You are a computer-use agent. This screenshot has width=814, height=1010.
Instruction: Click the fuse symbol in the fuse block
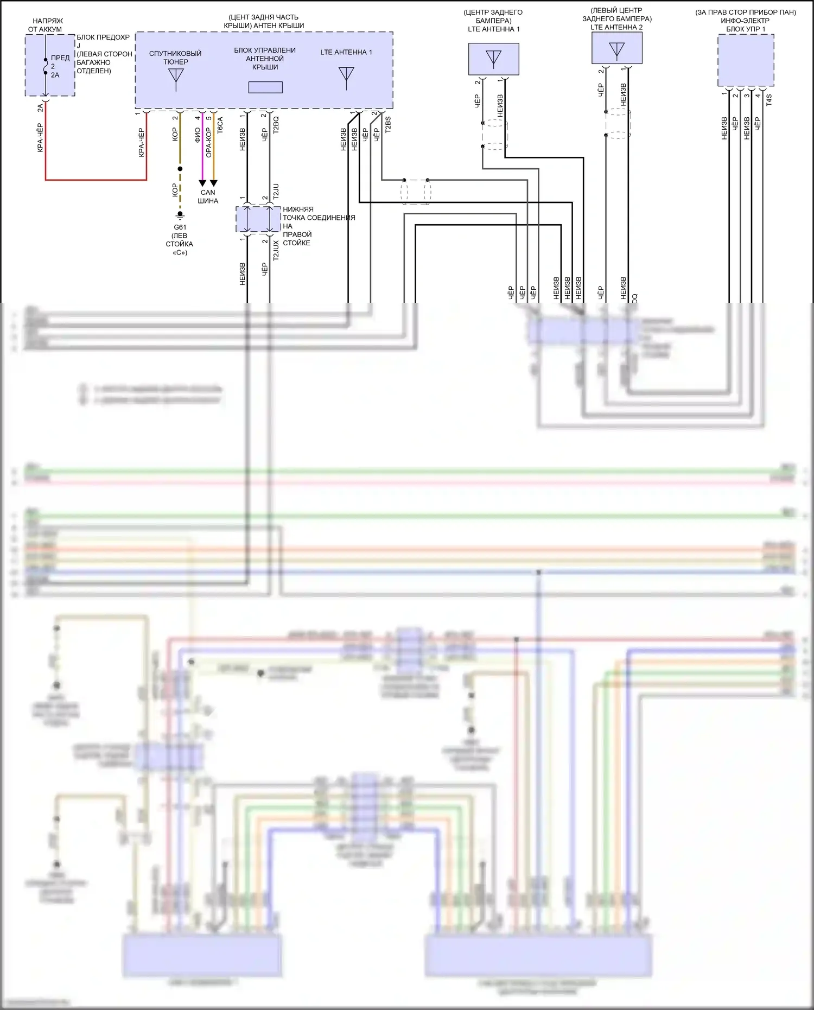point(46,65)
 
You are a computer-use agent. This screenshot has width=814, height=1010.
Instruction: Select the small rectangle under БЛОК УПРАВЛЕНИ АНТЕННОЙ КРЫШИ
point(265,87)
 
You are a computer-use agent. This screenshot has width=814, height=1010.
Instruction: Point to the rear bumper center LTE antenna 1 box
point(494,59)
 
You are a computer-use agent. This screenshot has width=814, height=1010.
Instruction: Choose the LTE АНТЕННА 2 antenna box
point(617,48)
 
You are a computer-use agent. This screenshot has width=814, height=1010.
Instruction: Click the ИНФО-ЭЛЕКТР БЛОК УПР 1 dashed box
point(746,60)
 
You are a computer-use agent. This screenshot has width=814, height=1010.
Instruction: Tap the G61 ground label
point(180,227)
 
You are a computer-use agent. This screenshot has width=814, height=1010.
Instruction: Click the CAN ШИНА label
point(208,196)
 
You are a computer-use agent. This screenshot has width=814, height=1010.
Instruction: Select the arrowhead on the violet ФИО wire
point(202,183)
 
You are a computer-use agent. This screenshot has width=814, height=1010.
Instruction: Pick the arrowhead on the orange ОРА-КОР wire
point(214,183)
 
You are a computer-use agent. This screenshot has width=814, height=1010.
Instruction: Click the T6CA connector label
point(220,125)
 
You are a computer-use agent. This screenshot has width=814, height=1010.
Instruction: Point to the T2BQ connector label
point(276,125)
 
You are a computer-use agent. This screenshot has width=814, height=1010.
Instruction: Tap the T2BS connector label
point(387,125)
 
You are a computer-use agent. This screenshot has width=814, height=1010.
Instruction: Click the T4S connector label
point(768,99)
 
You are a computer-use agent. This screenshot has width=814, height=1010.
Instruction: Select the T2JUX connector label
point(276,251)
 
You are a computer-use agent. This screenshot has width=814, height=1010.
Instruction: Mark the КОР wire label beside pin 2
point(175,134)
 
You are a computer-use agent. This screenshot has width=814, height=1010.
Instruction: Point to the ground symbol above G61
point(180,214)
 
